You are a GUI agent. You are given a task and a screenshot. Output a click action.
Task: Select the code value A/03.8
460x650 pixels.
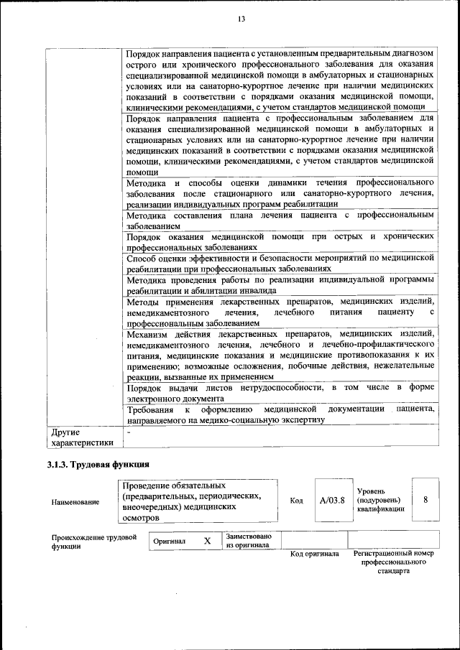tap(332, 500)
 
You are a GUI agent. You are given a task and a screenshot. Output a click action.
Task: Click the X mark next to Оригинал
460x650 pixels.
tap(207, 540)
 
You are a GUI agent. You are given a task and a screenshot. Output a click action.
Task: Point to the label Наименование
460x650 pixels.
tap(75, 501)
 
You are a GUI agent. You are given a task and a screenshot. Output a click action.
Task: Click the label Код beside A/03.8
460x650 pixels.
tap(296, 501)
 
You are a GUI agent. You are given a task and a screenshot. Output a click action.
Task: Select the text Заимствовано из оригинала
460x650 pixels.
tap(249, 540)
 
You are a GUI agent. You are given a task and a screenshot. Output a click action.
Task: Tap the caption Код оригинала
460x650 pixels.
tap(314, 554)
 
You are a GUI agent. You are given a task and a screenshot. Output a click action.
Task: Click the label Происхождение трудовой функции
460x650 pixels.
tap(94, 541)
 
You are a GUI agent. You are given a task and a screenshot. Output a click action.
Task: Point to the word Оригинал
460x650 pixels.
tap(170, 541)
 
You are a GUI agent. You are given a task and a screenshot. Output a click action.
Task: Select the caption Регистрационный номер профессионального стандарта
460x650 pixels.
tap(394, 562)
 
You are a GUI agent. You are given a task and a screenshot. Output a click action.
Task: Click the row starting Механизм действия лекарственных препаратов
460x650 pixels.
tap(280, 355)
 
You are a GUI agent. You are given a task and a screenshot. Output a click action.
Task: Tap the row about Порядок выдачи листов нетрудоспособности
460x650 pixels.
tap(280, 393)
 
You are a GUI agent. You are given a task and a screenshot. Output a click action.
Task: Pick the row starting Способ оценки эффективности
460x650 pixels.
tap(280, 262)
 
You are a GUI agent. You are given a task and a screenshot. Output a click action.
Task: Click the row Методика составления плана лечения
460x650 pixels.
tap(280, 220)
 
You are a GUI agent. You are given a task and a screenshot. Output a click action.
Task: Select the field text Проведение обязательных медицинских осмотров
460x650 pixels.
tap(190, 501)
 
